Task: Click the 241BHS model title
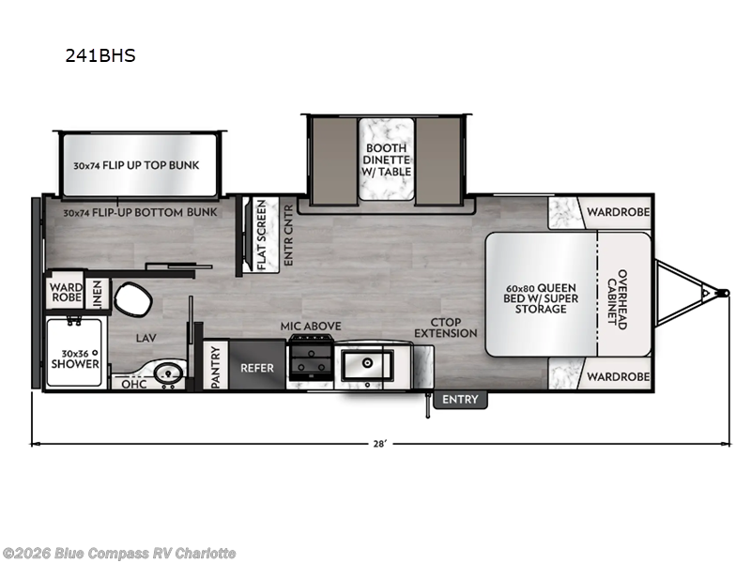point(100,55)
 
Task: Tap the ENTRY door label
point(460,400)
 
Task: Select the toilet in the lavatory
point(132,299)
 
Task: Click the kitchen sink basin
point(367,365)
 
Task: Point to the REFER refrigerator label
point(257,368)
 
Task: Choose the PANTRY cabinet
point(215,366)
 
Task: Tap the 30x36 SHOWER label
point(75,359)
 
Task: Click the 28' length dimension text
point(379,444)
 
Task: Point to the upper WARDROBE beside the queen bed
point(618,212)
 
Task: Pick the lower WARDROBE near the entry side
point(618,377)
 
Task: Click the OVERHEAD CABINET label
point(617,299)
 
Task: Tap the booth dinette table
point(386,159)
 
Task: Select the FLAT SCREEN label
point(262,235)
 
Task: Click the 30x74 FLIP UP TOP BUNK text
point(136,165)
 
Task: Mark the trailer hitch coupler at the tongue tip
point(725,293)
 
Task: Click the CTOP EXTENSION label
point(445,327)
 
